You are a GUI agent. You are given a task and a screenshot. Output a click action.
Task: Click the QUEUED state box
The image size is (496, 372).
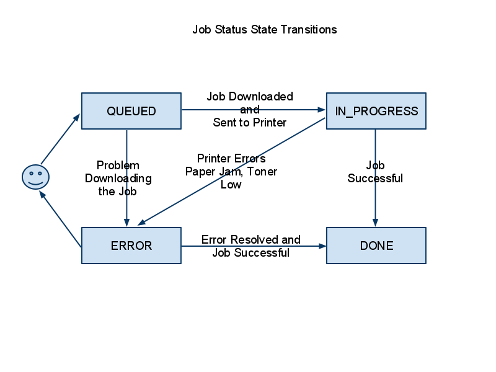coord(131,111)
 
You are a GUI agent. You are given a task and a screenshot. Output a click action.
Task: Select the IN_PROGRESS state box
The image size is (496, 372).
coord(376,111)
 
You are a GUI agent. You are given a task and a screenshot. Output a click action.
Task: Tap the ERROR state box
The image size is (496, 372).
coord(131,246)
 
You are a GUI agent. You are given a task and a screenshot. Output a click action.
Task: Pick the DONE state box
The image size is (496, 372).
coord(376,246)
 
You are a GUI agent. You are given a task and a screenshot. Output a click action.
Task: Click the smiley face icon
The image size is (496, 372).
coord(35,177)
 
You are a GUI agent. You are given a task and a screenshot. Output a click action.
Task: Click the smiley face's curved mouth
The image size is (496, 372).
coord(35,184)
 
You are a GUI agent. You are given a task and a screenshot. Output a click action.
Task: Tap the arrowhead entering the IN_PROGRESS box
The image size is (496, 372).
coord(322,110)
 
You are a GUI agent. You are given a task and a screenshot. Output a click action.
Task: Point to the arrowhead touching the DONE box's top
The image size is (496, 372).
coord(375,223)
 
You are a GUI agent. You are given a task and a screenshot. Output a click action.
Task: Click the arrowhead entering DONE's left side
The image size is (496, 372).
coord(322,246)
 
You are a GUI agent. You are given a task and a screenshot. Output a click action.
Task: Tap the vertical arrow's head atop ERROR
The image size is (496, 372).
coord(126,223)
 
